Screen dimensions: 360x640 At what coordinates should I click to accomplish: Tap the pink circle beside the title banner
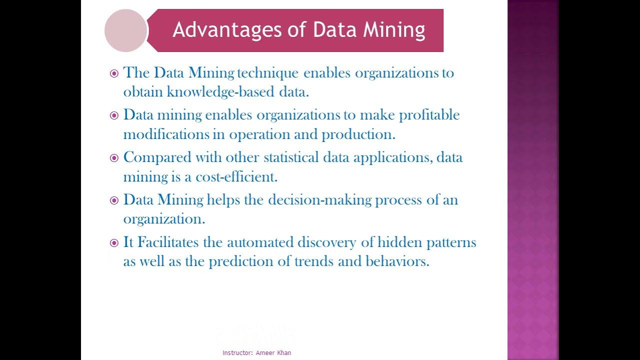(x=125, y=30)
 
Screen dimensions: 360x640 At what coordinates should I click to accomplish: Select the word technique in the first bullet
(x=267, y=73)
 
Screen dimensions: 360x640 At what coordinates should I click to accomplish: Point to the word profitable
(x=429, y=115)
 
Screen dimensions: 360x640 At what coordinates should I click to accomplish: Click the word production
(x=358, y=134)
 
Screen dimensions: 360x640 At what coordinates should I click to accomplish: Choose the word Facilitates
(x=168, y=242)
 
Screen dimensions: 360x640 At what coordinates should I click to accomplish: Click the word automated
(x=260, y=242)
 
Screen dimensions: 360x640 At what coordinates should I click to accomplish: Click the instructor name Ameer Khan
(x=273, y=353)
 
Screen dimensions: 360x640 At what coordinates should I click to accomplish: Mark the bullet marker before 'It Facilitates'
(x=114, y=243)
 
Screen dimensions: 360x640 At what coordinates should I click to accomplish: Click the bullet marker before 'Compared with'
(x=114, y=158)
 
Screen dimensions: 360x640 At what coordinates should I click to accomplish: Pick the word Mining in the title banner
(x=394, y=30)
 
